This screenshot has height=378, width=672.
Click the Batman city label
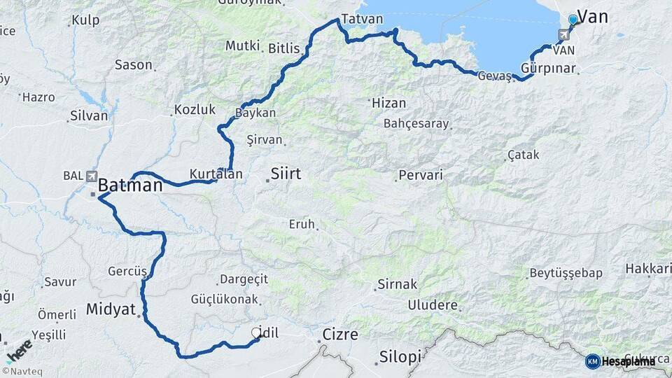coord(130,186)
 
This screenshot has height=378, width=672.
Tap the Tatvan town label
coord(363,19)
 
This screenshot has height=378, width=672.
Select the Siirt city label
coord(286,173)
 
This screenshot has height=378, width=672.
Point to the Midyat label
coord(111,309)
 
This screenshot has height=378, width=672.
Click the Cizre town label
coord(340,335)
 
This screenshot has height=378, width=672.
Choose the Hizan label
coord(388,102)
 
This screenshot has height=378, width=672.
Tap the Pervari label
coord(421,175)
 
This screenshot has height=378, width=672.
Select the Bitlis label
coord(284,48)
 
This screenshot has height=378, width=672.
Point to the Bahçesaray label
coord(415,124)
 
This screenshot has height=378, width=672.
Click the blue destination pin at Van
coord(573,20)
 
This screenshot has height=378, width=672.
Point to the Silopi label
coord(400,356)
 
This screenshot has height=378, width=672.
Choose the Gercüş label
coord(127,271)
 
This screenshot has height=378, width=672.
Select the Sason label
coord(133,64)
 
